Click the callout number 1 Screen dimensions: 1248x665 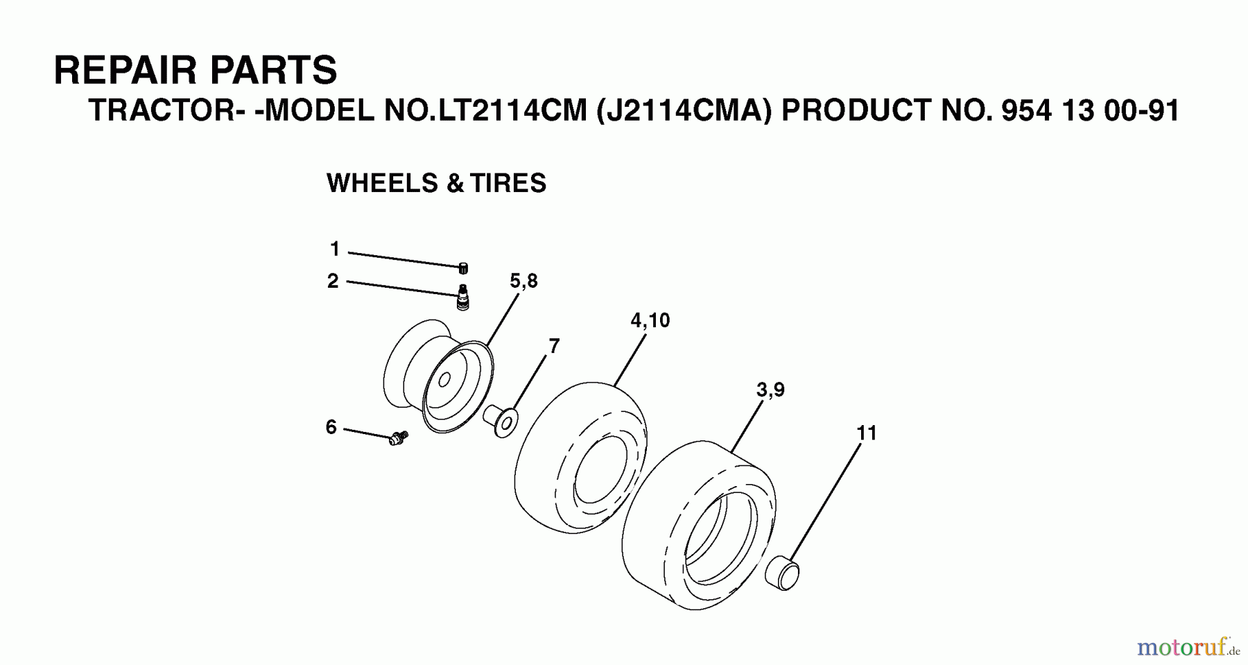coord(335,248)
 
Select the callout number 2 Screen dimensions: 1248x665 coord(333,281)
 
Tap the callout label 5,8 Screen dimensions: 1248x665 coord(523,281)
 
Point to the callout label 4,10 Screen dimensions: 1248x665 coord(650,320)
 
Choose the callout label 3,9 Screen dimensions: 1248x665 coord(770,390)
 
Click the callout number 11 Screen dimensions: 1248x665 coord(867,433)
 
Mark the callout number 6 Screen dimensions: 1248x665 coord(331,427)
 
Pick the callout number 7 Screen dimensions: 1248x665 coord(554,345)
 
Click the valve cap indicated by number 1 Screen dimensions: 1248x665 coord(463,268)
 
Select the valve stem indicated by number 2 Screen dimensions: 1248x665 coord(462,297)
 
